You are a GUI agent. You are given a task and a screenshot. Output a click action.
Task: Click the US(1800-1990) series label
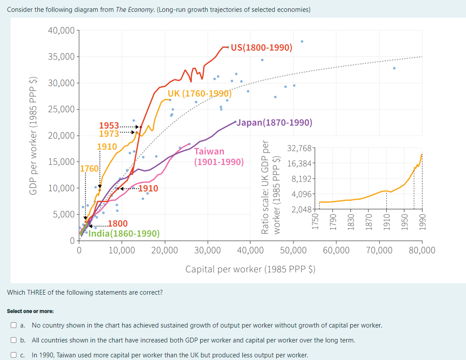[x=261, y=47]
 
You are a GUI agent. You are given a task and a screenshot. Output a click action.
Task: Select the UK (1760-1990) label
[x=199, y=93]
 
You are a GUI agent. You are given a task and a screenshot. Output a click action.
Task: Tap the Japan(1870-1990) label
[x=274, y=122]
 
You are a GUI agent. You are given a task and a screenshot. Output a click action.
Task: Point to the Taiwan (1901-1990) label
[x=219, y=157]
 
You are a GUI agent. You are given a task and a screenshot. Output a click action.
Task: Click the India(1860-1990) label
[x=125, y=233]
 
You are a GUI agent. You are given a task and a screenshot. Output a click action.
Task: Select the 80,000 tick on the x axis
[x=422, y=250]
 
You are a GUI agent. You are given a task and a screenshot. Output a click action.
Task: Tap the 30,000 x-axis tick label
[x=207, y=250]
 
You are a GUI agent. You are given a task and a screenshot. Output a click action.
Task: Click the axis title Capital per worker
[x=250, y=269]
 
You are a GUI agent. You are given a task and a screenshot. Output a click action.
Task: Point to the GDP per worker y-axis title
[x=32, y=136]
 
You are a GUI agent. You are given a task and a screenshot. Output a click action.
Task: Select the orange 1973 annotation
[x=109, y=133]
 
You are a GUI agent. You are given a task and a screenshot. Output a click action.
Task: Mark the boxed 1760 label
[x=89, y=168]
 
